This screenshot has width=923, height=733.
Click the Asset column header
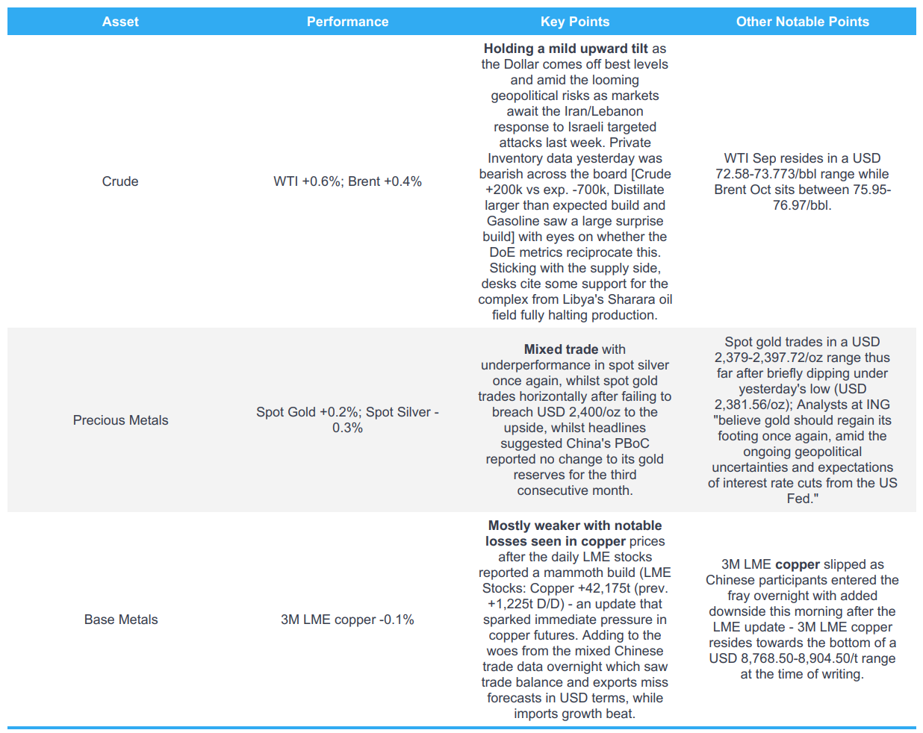click(120, 22)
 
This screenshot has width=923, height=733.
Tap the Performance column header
click(347, 22)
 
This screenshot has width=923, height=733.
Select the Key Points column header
click(574, 22)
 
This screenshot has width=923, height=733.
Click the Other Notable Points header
click(802, 22)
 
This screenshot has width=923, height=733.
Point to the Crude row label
click(120, 181)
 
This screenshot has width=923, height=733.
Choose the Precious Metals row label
click(120, 420)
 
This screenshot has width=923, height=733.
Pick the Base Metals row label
click(120, 620)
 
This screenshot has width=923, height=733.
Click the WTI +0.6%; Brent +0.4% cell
click(347, 181)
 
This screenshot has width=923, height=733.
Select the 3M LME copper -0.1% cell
click(347, 620)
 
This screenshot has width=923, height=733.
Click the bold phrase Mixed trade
click(561, 349)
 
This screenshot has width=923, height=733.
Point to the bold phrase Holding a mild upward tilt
click(565, 49)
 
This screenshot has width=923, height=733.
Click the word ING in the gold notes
click(877, 405)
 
